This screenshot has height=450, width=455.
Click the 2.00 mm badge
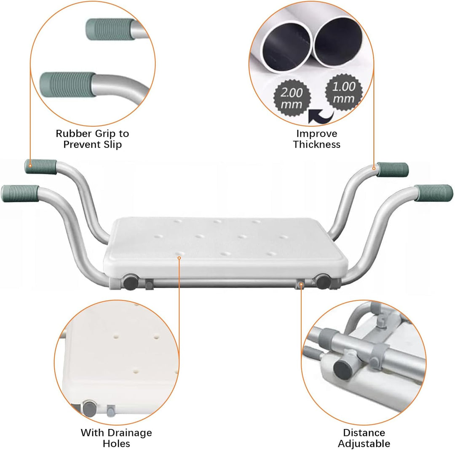coord(292,98)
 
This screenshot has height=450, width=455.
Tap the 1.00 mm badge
coord(344,92)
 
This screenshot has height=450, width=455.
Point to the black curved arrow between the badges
coord(320,116)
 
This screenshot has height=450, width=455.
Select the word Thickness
coord(316,144)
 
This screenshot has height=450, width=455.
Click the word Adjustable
coord(364,444)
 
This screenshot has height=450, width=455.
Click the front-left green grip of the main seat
coord(20,193)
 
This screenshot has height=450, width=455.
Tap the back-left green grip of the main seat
coord(40,167)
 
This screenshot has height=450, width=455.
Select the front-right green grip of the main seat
coord(434,193)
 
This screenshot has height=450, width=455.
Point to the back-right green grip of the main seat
coord(393,170)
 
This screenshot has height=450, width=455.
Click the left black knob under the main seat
coord(130,282)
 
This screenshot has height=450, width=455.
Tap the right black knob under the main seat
coord(322,281)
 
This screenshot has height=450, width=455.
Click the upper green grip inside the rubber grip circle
coord(110,29)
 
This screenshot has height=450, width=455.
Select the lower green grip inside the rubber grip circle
coord(68,84)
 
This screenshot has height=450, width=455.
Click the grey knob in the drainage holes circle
coord(89,409)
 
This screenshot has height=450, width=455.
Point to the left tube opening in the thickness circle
coord(286,47)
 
